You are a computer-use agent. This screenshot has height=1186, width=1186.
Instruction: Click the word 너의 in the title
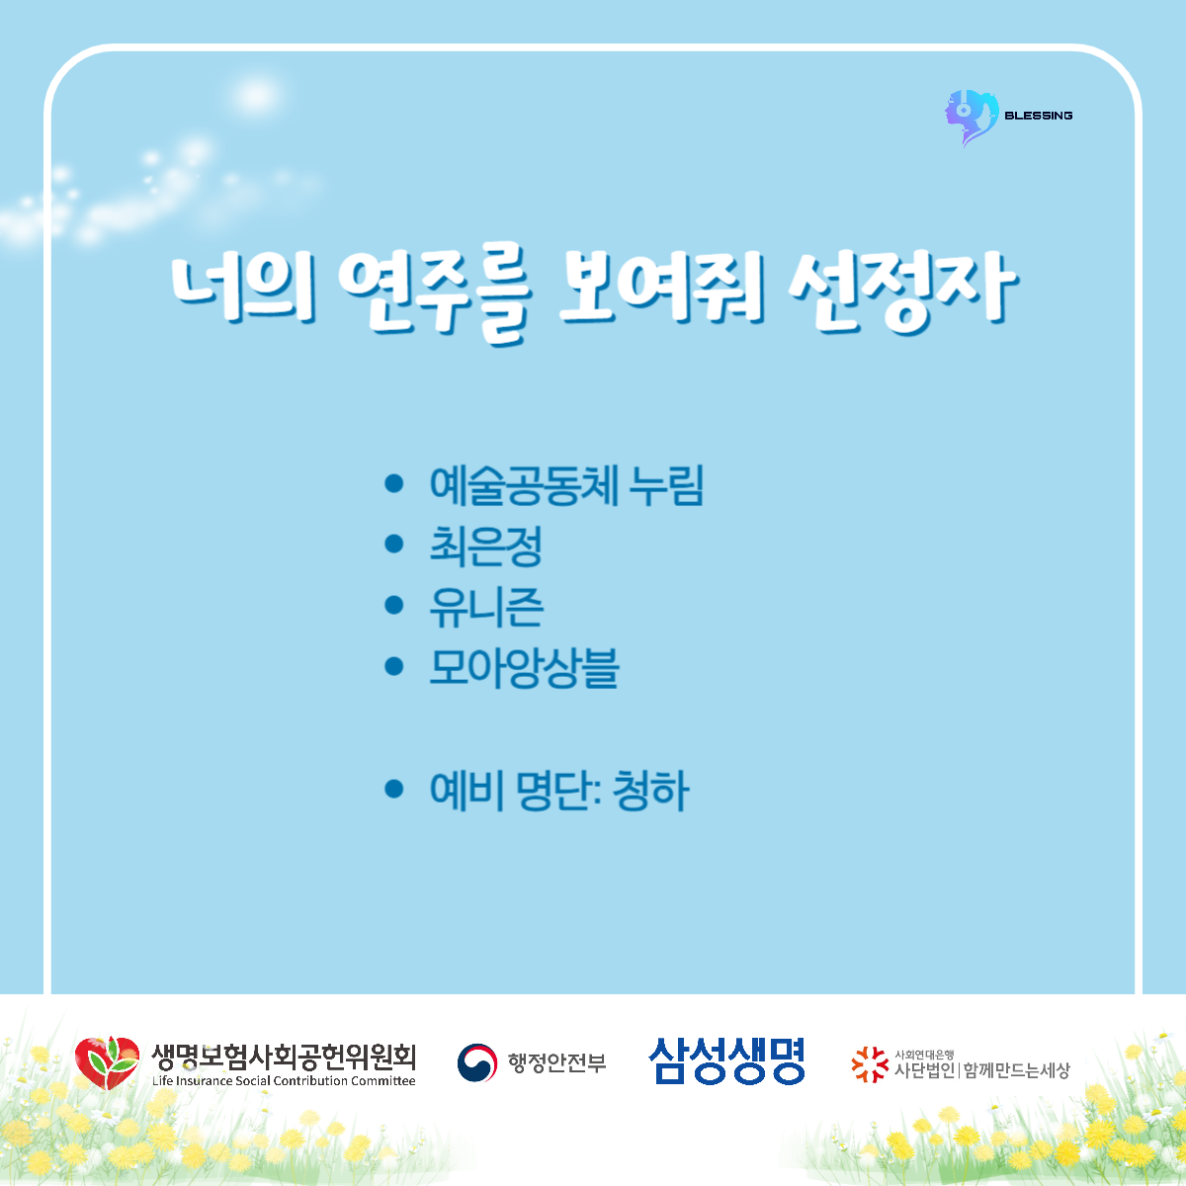pyautogui.click(x=243, y=287)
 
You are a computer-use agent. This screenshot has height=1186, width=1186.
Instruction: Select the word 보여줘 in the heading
pyautogui.click(x=661, y=288)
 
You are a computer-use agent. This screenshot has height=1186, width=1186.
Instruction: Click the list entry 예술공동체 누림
pyautogui.click(x=566, y=485)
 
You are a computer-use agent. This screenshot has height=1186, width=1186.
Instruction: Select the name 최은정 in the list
pyautogui.click(x=485, y=546)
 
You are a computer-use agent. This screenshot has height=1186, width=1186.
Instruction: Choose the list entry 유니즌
pyautogui.click(x=486, y=607)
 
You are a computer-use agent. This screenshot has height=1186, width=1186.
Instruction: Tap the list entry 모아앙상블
pyautogui.click(x=524, y=668)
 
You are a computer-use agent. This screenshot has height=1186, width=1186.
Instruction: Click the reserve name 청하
pyautogui.click(x=650, y=791)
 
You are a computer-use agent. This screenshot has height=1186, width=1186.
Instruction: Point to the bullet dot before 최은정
pyautogui.click(x=394, y=544)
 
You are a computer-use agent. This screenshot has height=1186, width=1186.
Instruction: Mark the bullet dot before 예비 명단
pyautogui.click(x=394, y=789)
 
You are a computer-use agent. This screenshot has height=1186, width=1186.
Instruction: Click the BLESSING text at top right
pyautogui.click(x=1039, y=116)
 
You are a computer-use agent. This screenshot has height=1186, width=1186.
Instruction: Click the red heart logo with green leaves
pyautogui.click(x=107, y=1062)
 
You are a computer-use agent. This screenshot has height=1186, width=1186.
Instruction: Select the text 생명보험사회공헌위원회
pyautogui.click(x=284, y=1057)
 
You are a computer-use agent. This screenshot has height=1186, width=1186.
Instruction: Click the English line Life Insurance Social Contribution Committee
pyautogui.click(x=284, y=1081)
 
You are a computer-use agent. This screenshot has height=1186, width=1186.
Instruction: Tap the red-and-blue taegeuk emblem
pyautogui.click(x=477, y=1062)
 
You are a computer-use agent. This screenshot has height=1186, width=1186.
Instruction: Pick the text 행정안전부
pyautogui.click(x=557, y=1062)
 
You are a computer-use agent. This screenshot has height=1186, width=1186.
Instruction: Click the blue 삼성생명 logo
pyautogui.click(x=726, y=1061)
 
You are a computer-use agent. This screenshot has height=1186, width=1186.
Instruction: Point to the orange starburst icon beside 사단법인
pyautogui.click(x=870, y=1064)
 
